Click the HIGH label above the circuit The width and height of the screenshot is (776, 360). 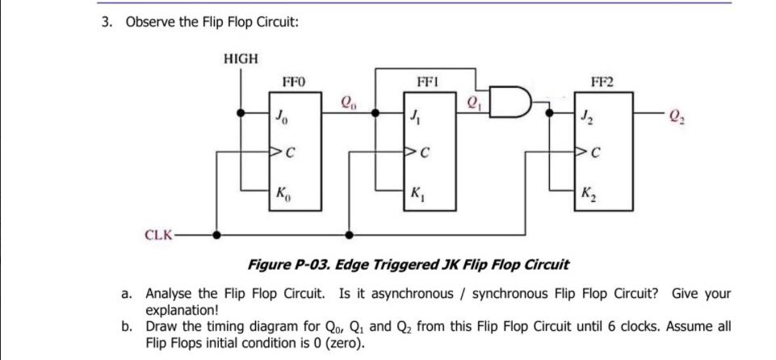[x=240, y=58]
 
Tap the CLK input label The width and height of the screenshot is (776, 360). [x=157, y=236]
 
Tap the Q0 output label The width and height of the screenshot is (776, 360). [x=348, y=102]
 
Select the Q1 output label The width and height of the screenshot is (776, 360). [x=474, y=102]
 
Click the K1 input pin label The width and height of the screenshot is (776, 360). [x=416, y=194]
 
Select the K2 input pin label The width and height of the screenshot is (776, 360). [x=593, y=194]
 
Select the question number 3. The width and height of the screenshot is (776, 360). [x=106, y=22]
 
